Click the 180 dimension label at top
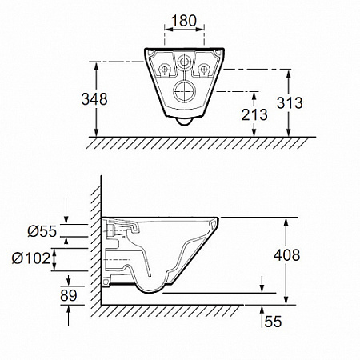point(184,21)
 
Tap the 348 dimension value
point(94,99)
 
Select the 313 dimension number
point(290,103)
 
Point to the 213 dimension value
point(254,114)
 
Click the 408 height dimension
point(287,255)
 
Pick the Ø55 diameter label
point(42,231)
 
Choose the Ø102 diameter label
point(31,258)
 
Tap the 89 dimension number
point(69,295)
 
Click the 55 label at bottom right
point(274,322)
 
